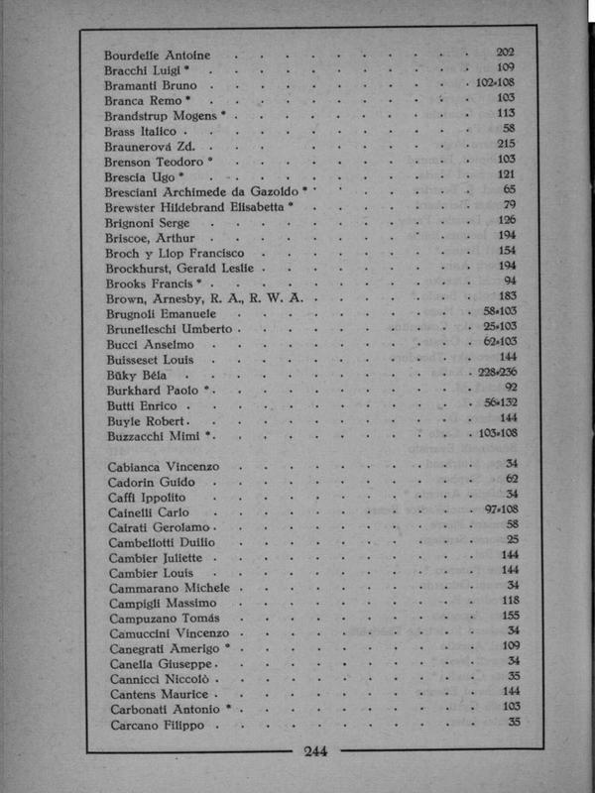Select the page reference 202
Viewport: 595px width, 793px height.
[505, 52]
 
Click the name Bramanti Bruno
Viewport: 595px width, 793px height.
[146, 84]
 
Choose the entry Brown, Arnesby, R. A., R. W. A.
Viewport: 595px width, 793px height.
[209, 297]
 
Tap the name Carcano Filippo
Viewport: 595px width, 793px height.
[155, 725]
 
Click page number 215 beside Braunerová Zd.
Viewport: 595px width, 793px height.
[506, 144]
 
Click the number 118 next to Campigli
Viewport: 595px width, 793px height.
[512, 601]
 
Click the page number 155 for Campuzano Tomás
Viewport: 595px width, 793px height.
[512, 616]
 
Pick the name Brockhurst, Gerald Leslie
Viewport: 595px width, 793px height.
[179, 268]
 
